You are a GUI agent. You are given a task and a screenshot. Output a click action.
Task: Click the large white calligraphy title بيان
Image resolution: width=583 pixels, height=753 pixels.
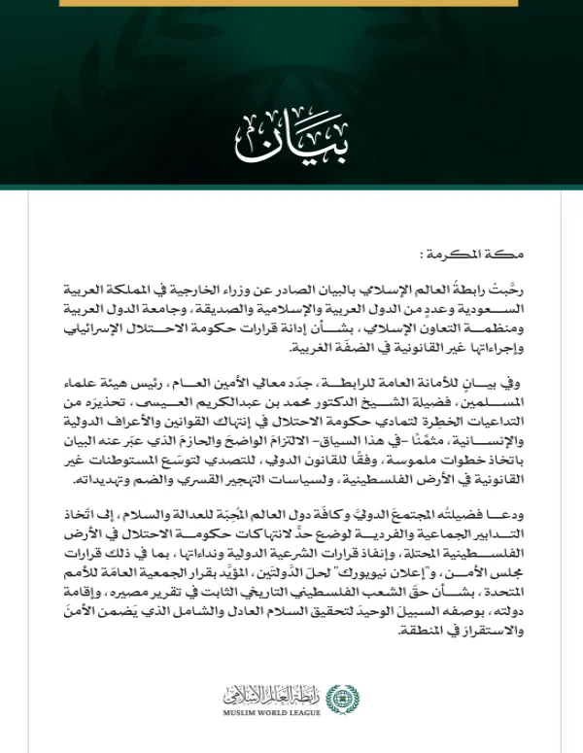(291, 142)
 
